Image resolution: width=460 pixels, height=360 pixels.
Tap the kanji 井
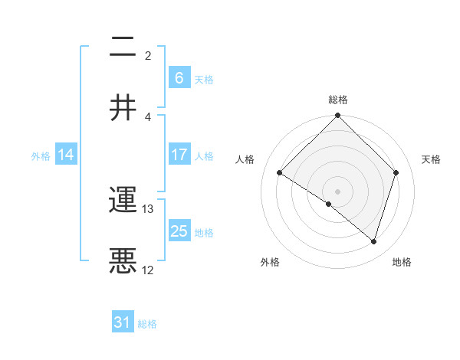click(x=123, y=107)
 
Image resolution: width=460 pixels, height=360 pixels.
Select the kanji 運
click(x=123, y=201)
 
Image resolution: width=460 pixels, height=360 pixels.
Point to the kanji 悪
click(x=123, y=261)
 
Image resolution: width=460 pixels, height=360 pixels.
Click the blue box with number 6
click(x=179, y=77)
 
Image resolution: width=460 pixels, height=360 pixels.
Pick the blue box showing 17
click(x=179, y=155)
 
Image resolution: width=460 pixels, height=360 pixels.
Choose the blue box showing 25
click(x=179, y=231)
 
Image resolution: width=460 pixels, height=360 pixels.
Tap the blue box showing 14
click(x=66, y=155)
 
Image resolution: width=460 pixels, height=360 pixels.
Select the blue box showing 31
click(x=123, y=322)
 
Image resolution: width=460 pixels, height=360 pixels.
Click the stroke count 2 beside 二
click(x=148, y=55)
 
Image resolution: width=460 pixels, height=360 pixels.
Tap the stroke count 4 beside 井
click(x=148, y=116)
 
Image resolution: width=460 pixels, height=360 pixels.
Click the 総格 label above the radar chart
click(x=338, y=100)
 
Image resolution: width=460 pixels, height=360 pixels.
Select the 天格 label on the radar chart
click(x=432, y=159)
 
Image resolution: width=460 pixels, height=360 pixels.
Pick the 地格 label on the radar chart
click(x=402, y=262)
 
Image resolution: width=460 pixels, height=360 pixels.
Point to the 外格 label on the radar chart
click(x=270, y=262)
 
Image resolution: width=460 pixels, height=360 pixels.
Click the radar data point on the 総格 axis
click(x=337, y=116)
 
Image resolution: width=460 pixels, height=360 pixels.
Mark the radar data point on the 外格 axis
click(x=329, y=204)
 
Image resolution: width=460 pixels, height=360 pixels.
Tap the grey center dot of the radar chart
click(x=337, y=191)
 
